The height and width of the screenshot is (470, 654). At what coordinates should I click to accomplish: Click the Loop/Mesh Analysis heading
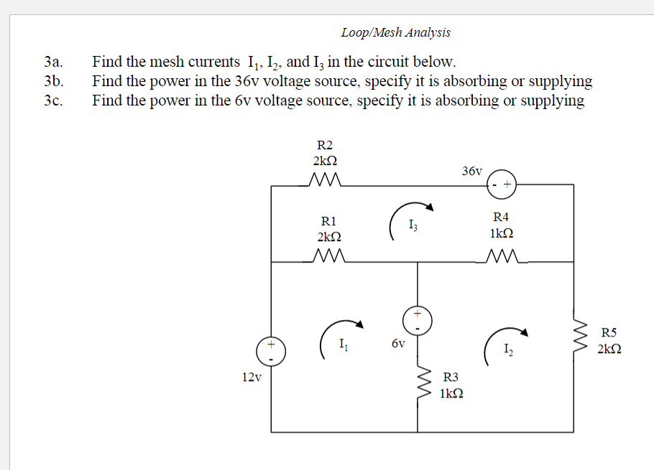pos(395,32)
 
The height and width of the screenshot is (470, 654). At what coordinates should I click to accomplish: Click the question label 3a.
pos(54,62)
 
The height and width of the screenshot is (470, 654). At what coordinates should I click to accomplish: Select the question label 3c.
pos(54,100)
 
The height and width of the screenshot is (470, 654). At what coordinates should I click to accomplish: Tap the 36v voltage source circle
pos(502,185)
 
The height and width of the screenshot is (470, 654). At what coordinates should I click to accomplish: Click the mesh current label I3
pos(411,227)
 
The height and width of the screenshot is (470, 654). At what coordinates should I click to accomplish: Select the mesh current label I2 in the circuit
pos(508,350)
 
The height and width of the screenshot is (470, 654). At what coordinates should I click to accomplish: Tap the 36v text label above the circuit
pos(472,171)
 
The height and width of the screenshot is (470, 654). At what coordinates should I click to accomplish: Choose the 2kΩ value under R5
pos(609,349)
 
